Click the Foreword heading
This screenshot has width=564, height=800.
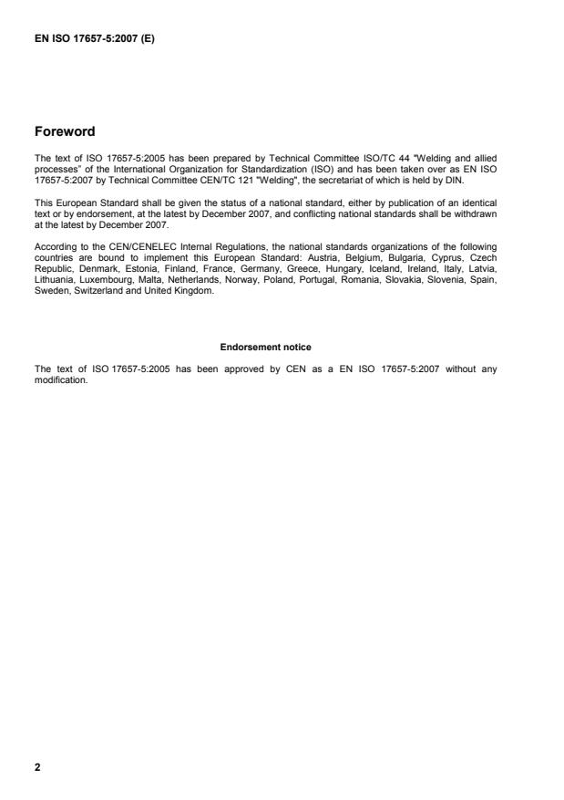tap(65, 131)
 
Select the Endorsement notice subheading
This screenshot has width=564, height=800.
tap(265, 347)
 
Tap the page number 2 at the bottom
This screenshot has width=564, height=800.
tap(37, 767)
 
